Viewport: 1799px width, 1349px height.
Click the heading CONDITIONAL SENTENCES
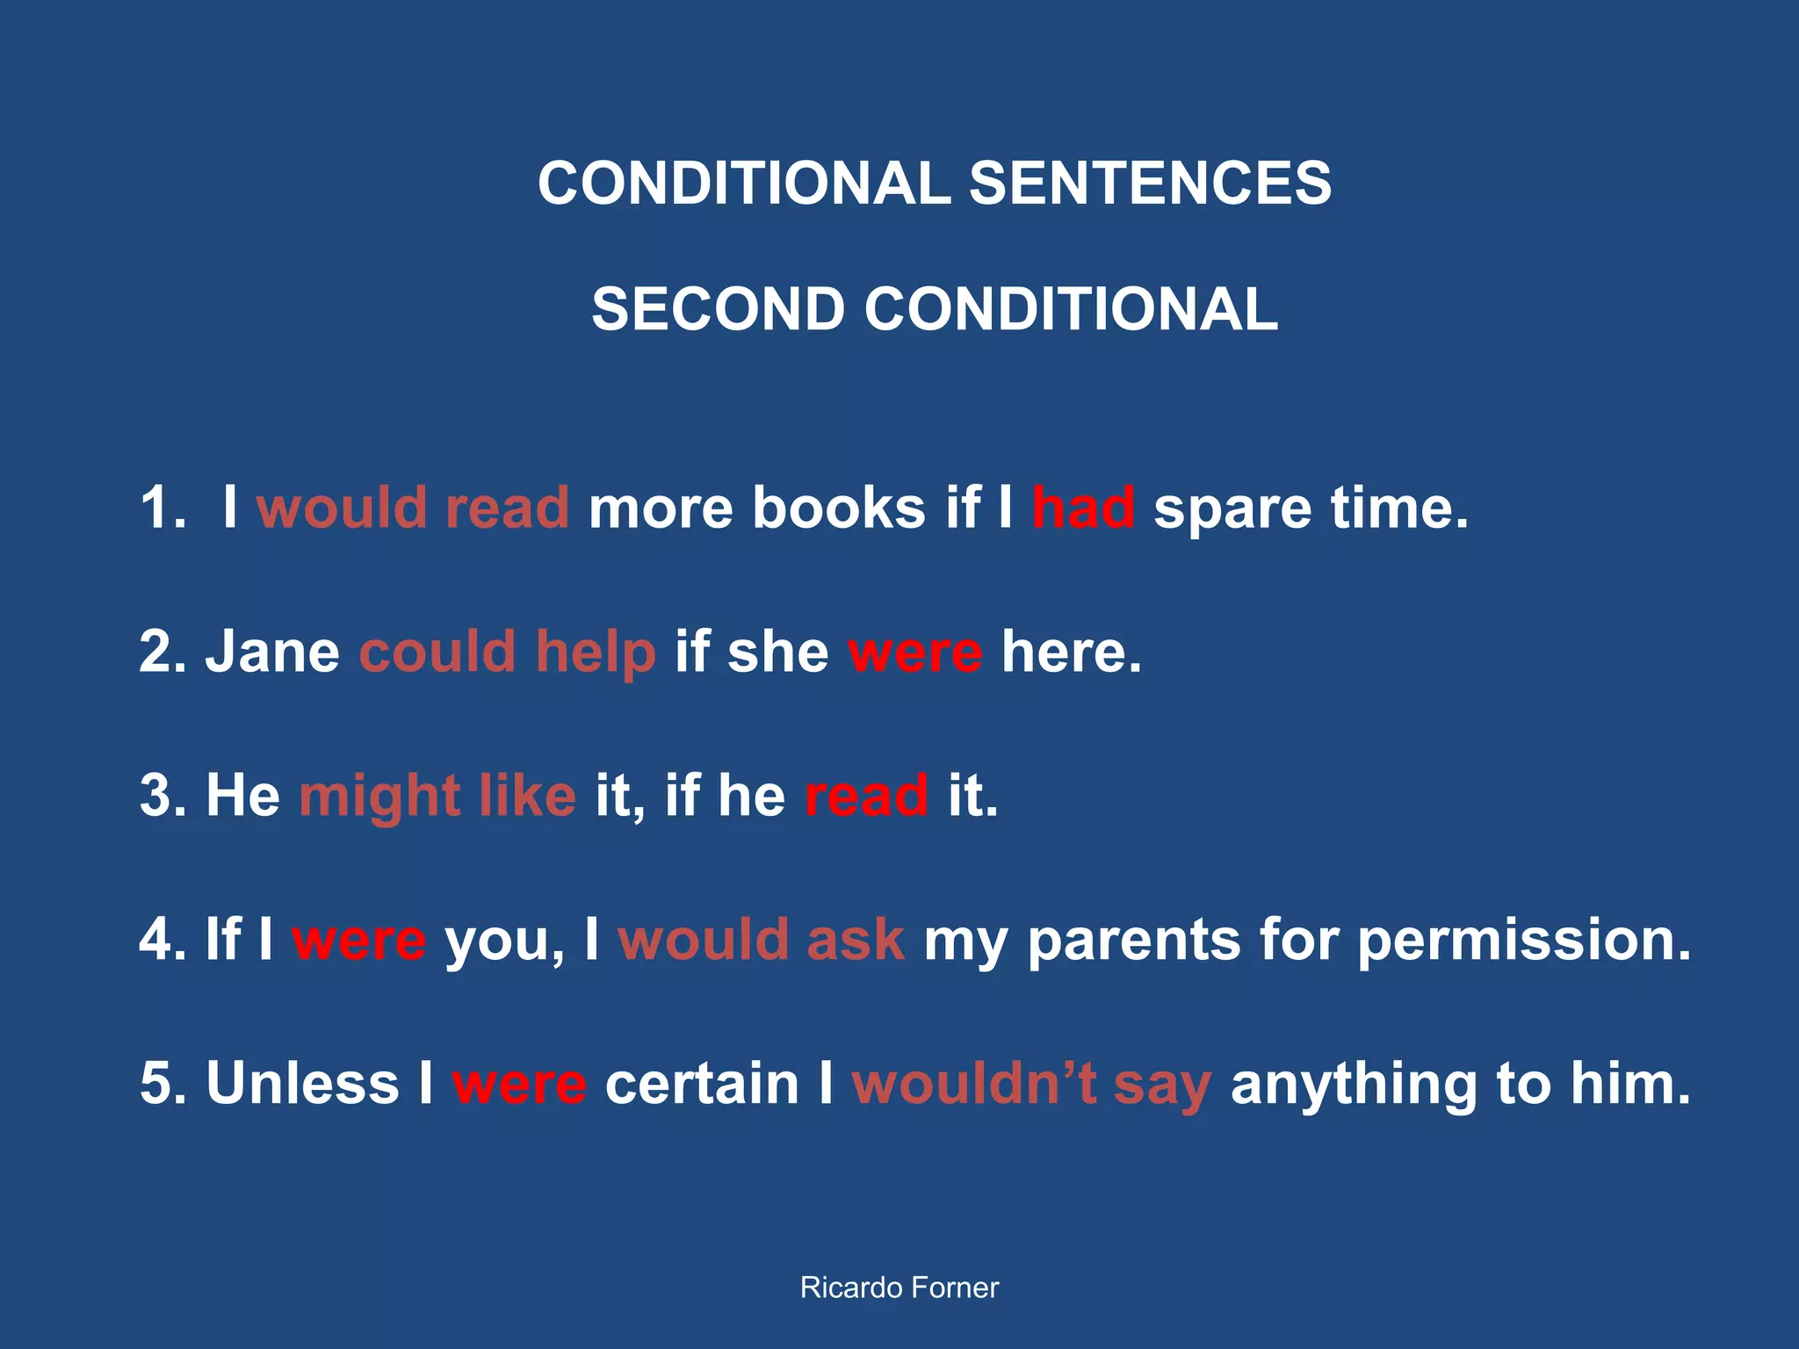pyautogui.click(x=934, y=184)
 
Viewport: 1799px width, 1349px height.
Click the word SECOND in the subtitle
pyautogui.click(x=717, y=309)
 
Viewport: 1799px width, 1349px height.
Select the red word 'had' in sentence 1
pyautogui.click(x=1082, y=508)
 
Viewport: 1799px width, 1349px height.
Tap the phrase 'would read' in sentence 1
pyautogui.click(x=413, y=508)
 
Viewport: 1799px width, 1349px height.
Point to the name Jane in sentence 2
pyautogui.click(x=272, y=652)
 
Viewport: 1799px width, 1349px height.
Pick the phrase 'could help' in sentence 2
pyautogui.click(x=507, y=652)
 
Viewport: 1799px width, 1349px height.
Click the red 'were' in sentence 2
pyautogui.click(x=914, y=653)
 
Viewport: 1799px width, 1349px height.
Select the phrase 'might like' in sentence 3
pyautogui.click(x=437, y=796)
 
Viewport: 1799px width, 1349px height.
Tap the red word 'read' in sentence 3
pyautogui.click(x=866, y=796)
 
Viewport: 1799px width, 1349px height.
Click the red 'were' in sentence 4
pyautogui.click(x=358, y=940)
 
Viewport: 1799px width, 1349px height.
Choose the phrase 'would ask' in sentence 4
pyautogui.click(x=761, y=940)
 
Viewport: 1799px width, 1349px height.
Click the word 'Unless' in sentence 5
pyautogui.click(x=302, y=1083)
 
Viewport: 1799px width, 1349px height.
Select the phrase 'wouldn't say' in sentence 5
pyautogui.click(x=1031, y=1085)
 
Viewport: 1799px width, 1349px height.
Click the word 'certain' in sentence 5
pyautogui.click(x=702, y=1083)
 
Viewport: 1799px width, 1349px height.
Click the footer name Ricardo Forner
pyautogui.click(x=899, y=1288)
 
